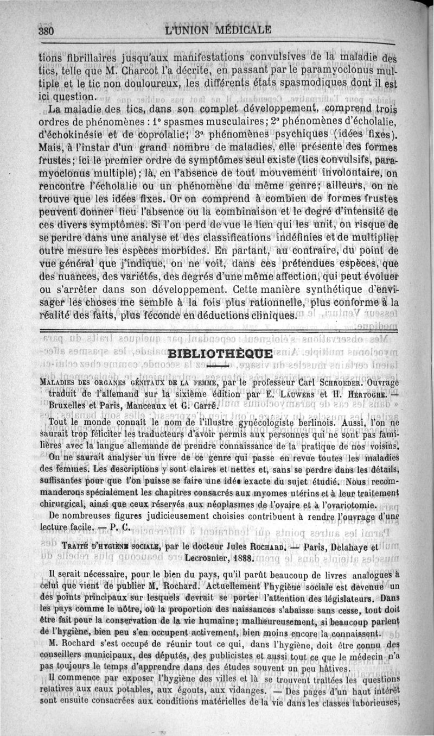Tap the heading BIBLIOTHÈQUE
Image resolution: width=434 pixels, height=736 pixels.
click(x=214, y=355)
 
